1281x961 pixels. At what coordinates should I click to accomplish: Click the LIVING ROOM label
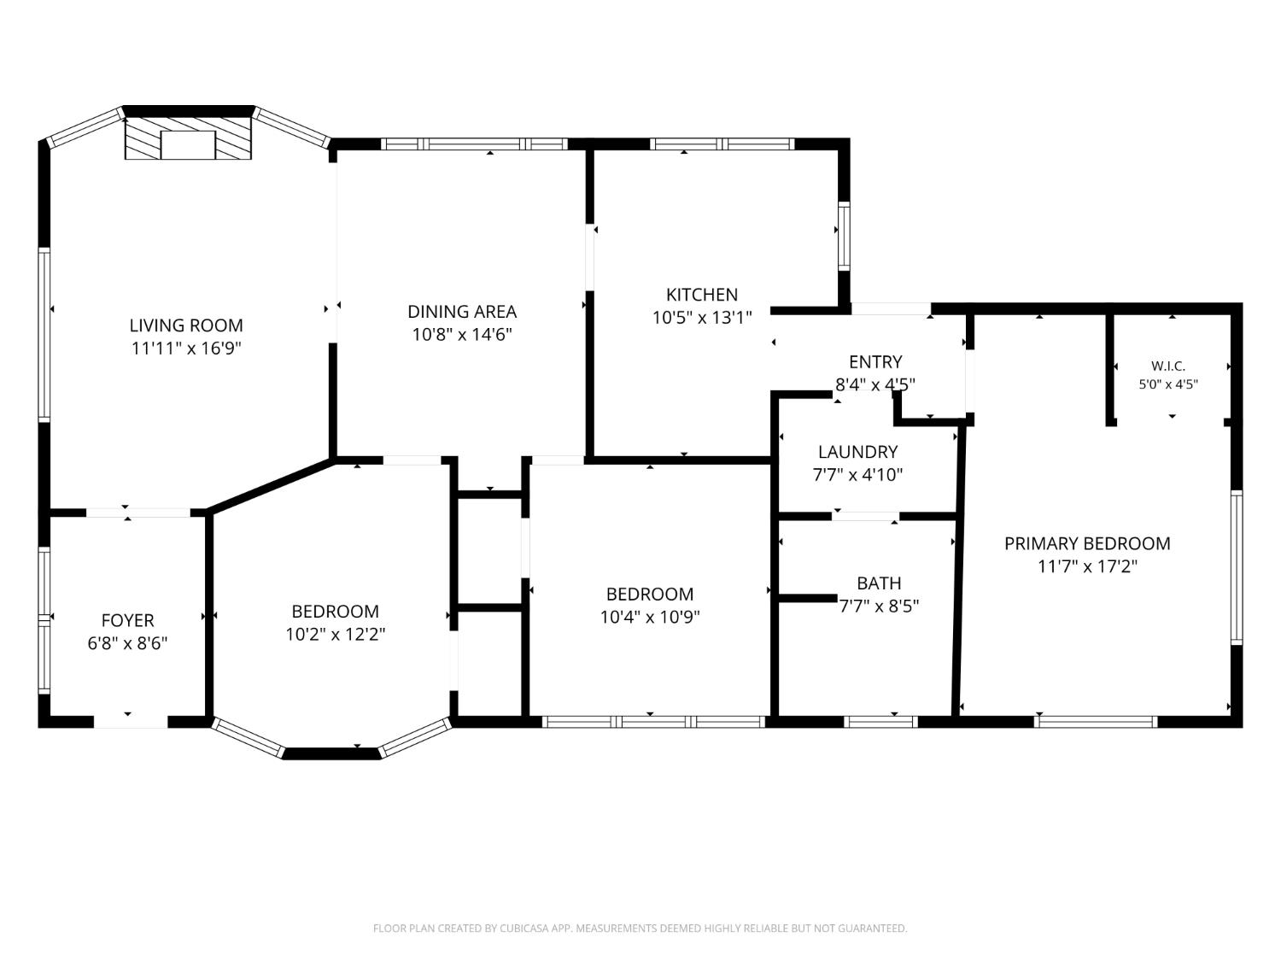pos(186,325)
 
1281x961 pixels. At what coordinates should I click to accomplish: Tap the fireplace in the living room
pos(188,138)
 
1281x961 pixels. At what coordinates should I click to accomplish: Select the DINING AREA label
pos(462,312)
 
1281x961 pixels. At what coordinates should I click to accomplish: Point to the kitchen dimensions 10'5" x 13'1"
pos(702,318)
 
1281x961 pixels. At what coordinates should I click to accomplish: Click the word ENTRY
pos(875,361)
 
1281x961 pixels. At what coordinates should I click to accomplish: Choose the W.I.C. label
pos(1168,366)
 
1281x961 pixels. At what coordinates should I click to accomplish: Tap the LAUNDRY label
pos(858,452)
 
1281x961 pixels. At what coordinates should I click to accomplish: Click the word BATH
pos(879,583)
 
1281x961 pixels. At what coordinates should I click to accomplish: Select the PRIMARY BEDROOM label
pos(1087,543)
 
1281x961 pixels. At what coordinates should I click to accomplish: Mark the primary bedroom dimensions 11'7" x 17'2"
pos(1088,566)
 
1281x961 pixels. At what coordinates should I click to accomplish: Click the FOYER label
pos(128,619)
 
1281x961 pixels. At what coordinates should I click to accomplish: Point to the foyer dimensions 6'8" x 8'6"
pos(128,643)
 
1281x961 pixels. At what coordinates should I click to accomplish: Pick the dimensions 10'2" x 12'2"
pos(336,634)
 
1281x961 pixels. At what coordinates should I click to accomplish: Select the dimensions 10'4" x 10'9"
pos(650,617)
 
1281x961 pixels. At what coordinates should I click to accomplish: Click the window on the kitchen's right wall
pos(844,236)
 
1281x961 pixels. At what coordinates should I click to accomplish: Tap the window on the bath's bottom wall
pos(880,722)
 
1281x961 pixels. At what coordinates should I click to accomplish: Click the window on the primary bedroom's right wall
pos(1237,567)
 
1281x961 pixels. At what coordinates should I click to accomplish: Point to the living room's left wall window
pos(44,334)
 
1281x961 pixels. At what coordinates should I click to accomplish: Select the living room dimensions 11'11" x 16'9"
pos(186,349)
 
